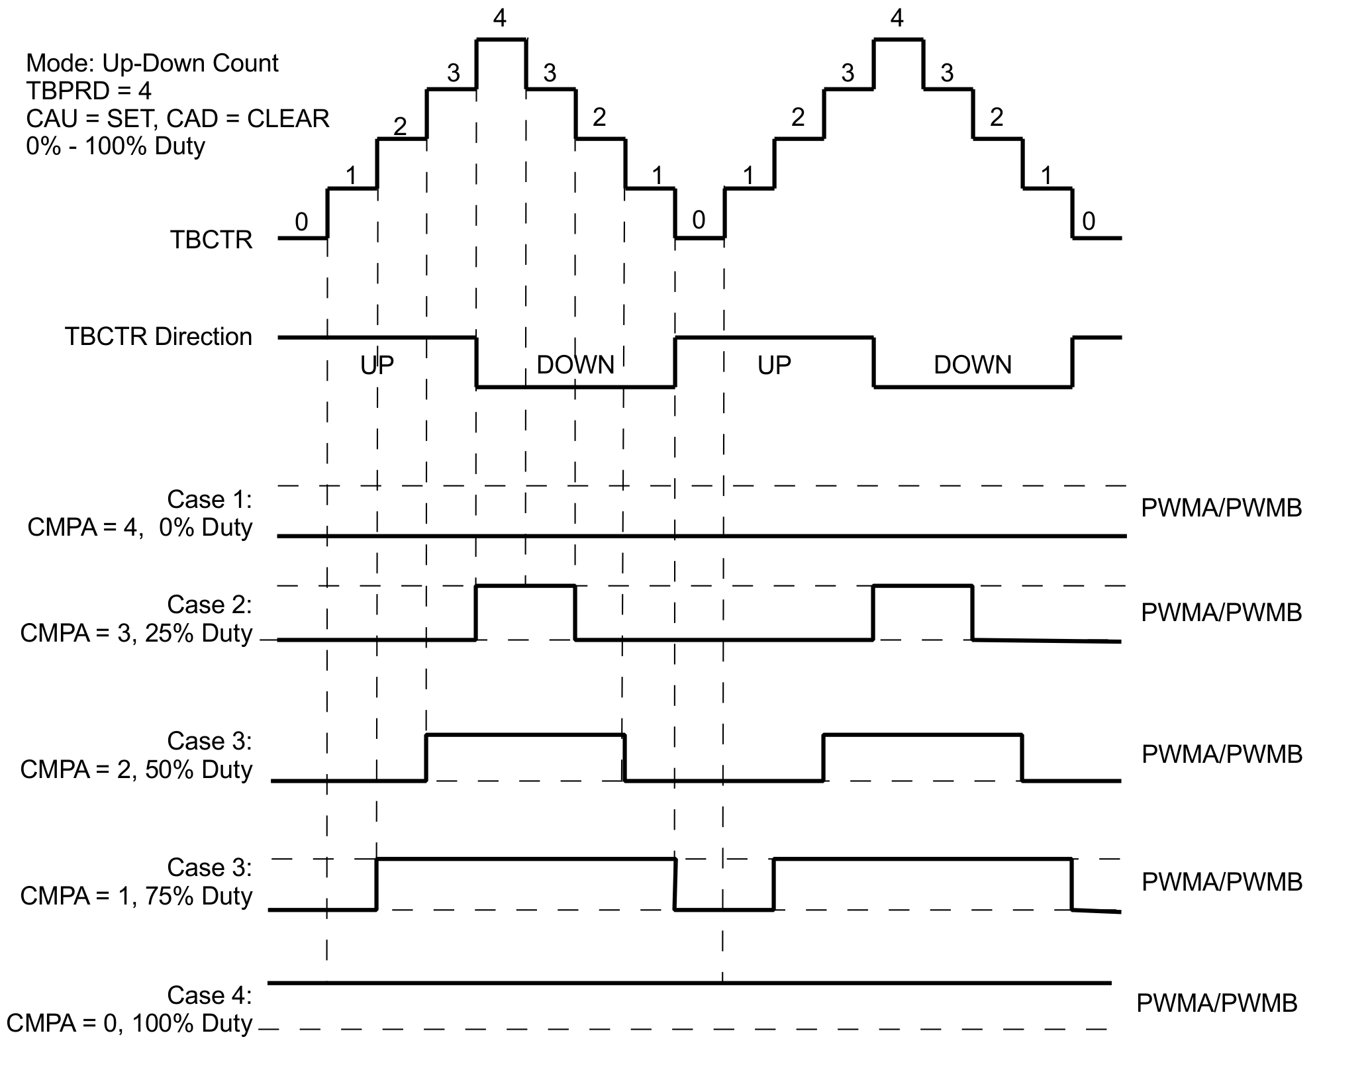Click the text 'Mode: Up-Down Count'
pos(152,64)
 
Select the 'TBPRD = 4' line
pos(88,91)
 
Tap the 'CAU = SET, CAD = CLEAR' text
pos(177,119)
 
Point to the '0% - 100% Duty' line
pos(115,146)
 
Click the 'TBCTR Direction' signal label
pos(158,336)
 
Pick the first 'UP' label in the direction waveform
pos(377,365)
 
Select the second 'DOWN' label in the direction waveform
pos(972,365)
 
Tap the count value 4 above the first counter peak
pos(500,19)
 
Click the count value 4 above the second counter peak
pos(897,19)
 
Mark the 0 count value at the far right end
pos(1089,221)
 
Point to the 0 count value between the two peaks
pos(699,220)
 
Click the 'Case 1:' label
pos(209,499)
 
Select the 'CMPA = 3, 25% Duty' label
pos(136,633)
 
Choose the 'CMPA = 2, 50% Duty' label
pos(136,769)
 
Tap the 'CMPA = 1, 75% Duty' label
pos(136,896)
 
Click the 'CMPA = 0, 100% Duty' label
pos(129,1024)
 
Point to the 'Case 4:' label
pos(209,995)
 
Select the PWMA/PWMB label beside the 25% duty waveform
pos(1222,612)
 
